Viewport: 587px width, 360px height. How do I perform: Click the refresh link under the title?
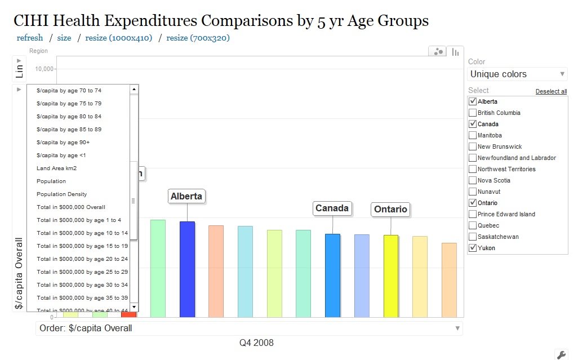[30, 38]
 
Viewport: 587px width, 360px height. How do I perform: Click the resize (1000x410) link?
[118, 38]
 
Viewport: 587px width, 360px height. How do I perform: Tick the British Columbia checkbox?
[473, 113]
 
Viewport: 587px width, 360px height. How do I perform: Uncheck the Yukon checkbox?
[473, 248]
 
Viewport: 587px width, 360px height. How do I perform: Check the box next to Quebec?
[473, 225]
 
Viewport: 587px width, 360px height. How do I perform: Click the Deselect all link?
[551, 91]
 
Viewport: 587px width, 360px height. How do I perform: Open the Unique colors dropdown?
[517, 74]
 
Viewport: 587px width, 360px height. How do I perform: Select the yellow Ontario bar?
[391, 275]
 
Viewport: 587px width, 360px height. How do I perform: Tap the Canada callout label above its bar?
[332, 208]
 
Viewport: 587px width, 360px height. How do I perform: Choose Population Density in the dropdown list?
[62, 194]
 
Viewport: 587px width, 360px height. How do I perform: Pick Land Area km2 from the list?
[56, 168]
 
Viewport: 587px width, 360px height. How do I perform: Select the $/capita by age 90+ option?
[63, 143]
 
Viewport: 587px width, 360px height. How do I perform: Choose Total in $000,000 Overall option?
[71, 207]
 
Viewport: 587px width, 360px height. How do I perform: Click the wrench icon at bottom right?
[561, 354]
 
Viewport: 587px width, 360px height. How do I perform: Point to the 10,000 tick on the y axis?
[45, 69]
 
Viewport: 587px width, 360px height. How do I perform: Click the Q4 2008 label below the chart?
[256, 343]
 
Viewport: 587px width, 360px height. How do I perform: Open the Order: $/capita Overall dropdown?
[249, 328]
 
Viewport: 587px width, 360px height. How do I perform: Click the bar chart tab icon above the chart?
[456, 52]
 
